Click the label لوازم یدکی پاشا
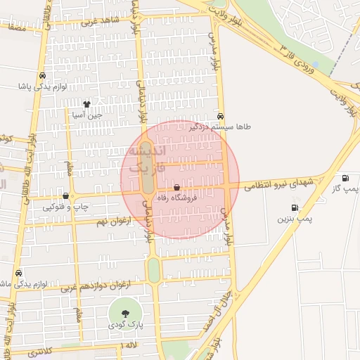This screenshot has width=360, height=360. pyautogui.click(x=44, y=86)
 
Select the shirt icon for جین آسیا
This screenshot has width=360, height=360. pyautogui.click(x=86, y=104)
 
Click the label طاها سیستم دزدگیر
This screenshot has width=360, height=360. pyautogui.click(x=219, y=127)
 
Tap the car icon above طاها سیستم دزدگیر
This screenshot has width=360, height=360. pyautogui.click(x=221, y=116)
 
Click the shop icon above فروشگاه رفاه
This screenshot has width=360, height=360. pyautogui.click(x=176, y=188)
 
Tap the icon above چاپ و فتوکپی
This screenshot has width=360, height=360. pyautogui.click(x=66, y=196)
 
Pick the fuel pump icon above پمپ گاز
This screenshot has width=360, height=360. pyautogui.click(x=345, y=179)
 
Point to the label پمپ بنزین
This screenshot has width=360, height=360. pyautogui.click(x=294, y=219)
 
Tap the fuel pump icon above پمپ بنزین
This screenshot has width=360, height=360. pyautogui.click(x=294, y=208)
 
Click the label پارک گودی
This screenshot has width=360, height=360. pyautogui.click(x=126, y=325)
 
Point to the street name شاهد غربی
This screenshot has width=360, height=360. pyautogui.click(x=100, y=22)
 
